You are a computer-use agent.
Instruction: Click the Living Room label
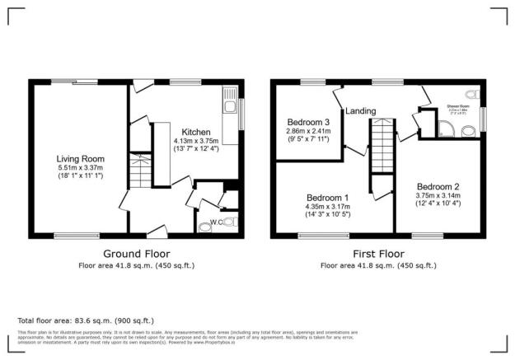tap(80, 158)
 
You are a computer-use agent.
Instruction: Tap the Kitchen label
tap(196, 132)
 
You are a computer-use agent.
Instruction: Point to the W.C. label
tap(217, 221)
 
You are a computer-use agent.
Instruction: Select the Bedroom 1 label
tap(327, 199)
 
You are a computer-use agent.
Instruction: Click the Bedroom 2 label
tap(438, 186)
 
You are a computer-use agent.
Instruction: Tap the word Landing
tap(361, 110)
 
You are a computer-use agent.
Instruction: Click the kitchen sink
tap(230, 105)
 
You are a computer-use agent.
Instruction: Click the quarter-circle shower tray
tap(445, 128)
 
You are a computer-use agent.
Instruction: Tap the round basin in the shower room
tap(468, 129)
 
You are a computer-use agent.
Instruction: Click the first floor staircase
tap(379, 144)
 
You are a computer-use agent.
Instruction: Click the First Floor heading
tap(378, 253)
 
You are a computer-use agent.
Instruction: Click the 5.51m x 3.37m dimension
tap(80, 167)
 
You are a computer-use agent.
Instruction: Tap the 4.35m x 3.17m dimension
tap(327, 208)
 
